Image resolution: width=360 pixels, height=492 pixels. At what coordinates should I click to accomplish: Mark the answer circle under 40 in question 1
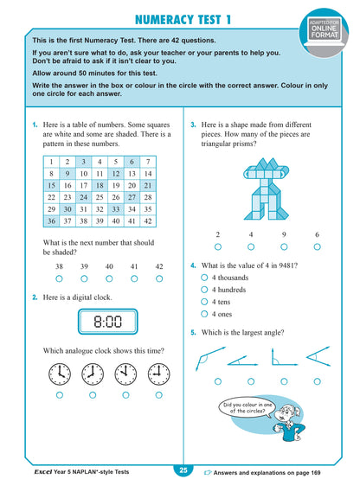(x=109, y=279)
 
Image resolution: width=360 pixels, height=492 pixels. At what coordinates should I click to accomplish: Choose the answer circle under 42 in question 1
(x=158, y=279)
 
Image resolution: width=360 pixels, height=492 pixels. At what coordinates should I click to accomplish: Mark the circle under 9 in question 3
(x=284, y=246)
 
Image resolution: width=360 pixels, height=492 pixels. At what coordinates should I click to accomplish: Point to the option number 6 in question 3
(x=317, y=234)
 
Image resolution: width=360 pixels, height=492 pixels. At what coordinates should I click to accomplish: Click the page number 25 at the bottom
(x=183, y=470)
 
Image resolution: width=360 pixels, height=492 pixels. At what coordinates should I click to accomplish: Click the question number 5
(x=193, y=332)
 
